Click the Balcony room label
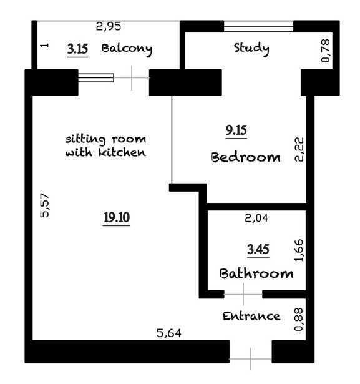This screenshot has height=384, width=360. tap(127, 49)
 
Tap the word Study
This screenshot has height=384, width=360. tap(251, 49)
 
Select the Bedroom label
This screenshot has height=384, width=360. tap(245, 157)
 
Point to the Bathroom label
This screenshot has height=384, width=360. tap(256, 273)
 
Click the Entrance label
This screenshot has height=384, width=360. tap(251, 316)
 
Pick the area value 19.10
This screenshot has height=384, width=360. tap(117, 217)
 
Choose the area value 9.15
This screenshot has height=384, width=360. tap(236, 130)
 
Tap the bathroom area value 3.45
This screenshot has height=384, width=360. tap(258, 249)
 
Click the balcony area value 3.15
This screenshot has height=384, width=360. tap(77, 49)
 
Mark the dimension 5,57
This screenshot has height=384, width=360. tap(45, 205)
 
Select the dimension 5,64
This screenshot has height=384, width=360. tap(169, 333)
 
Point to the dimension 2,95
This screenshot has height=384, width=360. tap(109, 26)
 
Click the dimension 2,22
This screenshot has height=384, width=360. tap(299, 149)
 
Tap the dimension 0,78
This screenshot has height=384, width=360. tap(326, 51)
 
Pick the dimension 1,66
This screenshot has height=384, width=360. tap(299, 250)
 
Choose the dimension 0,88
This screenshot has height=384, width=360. tap(299, 319)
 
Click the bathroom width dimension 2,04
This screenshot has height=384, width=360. tap(256, 218)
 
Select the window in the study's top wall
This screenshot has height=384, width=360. tap(258, 26)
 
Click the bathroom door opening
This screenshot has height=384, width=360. tap(243, 294)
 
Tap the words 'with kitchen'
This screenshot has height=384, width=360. tap(105, 152)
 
